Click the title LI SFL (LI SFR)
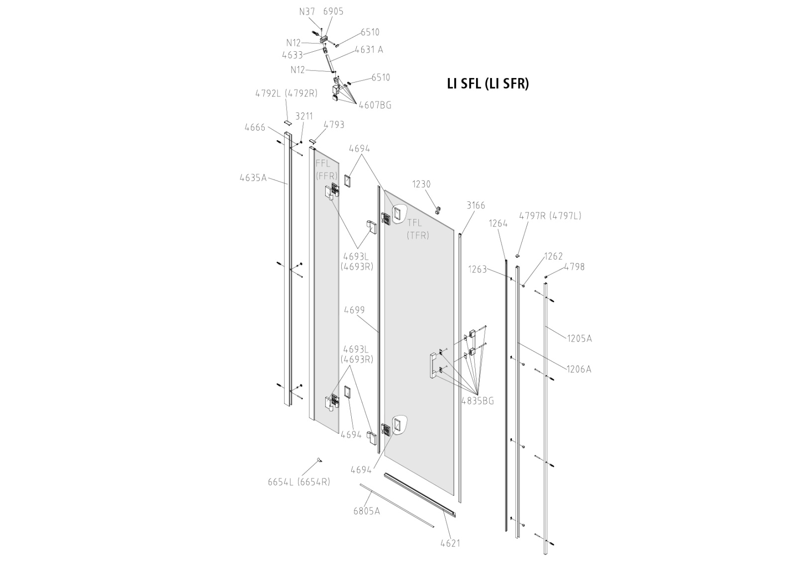point(488,84)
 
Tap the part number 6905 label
point(333,11)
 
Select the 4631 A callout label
point(369,50)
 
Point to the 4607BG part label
point(375,105)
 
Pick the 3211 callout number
point(304,116)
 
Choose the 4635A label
point(253,177)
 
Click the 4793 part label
point(334,124)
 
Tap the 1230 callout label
point(421,185)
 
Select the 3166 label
point(476,205)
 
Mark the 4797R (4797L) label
point(550,216)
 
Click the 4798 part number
point(574,267)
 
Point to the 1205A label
point(580,339)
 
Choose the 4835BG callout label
point(478,401)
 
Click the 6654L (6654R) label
point(298,482)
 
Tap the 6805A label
point(367,511)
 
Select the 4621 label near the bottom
point(450,543)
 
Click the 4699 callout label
point(354,310)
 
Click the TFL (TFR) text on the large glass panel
point(417,229)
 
